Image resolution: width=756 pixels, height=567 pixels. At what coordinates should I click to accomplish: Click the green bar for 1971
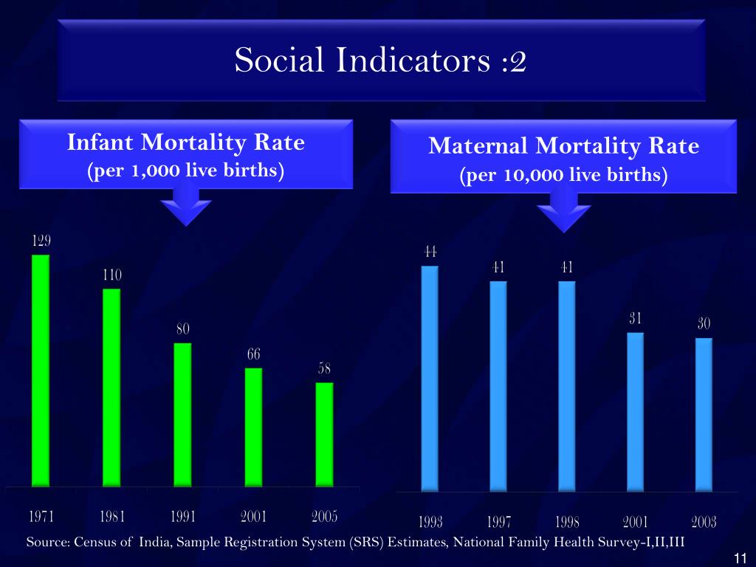click(x=41, y=369)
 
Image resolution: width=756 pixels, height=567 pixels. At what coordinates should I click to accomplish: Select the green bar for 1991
click(x=182, y=413)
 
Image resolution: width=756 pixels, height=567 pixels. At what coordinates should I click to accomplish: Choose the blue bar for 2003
click(x=704, y=413)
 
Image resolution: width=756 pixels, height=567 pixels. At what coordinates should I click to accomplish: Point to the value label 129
click(x=41, y=241)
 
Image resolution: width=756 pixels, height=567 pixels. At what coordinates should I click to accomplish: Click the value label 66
click(x=253, y=355)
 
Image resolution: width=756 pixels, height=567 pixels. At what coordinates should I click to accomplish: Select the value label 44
click(x=430, y=252)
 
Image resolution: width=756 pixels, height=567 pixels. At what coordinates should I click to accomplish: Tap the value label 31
click(x=635, y=319)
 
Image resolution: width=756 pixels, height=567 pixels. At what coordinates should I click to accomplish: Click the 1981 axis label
click(x=111, y=516)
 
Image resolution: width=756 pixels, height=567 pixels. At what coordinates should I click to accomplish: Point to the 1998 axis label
click(x=567, y=522)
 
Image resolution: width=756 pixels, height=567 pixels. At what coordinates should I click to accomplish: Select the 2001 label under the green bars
click(x=253, y=516)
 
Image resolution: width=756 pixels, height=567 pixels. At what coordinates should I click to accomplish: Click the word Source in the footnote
click(x=47, y=543)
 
